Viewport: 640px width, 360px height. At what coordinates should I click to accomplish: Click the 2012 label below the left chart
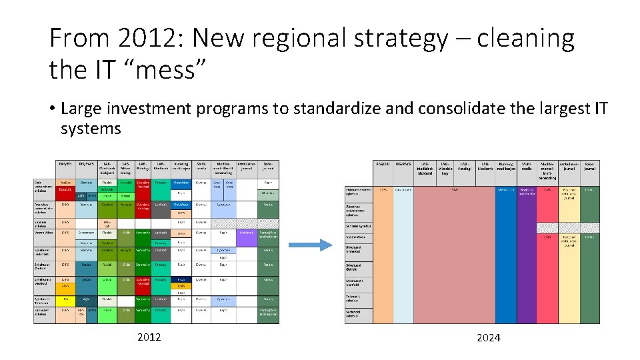coord(149,337)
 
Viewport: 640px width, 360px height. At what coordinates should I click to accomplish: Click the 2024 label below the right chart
coord(489,338)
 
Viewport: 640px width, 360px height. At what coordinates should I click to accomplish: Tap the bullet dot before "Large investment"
coord(53,109)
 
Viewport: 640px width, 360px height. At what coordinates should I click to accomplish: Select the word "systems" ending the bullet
coord(91,128)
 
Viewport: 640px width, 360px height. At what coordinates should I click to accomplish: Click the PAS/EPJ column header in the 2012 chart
coord(65,164)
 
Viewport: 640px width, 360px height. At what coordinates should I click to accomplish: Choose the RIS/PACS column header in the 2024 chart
coord(403,164)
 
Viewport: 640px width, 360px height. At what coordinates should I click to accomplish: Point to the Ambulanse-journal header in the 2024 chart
coord(568,167)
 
